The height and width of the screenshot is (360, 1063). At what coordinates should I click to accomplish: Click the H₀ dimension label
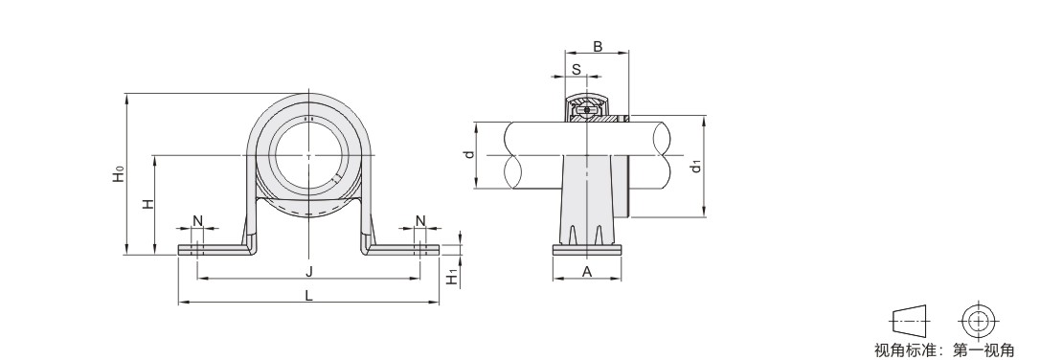(x=119, y=174)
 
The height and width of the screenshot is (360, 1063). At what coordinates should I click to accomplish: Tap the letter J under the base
(x=309, y=272)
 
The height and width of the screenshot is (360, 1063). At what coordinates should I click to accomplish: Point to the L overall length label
(x=309, y=296)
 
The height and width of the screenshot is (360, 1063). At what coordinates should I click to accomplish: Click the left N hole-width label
(x=197, y=220)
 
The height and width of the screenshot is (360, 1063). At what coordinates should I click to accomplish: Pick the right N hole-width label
(x=420, y=220)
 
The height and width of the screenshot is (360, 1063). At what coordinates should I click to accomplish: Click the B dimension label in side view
(x=598, y=47)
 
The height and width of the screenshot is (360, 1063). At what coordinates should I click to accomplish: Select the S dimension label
(x=577, y=69)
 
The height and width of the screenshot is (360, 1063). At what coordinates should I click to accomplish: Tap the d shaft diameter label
(x=468, y=154)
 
